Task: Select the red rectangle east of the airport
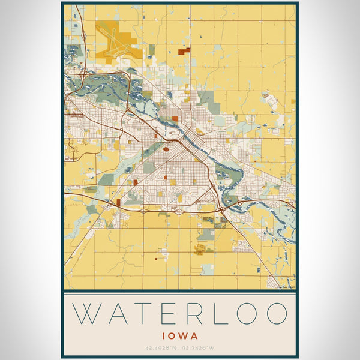click(x=184, y=51)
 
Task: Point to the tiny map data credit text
click(x=286, y=287)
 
